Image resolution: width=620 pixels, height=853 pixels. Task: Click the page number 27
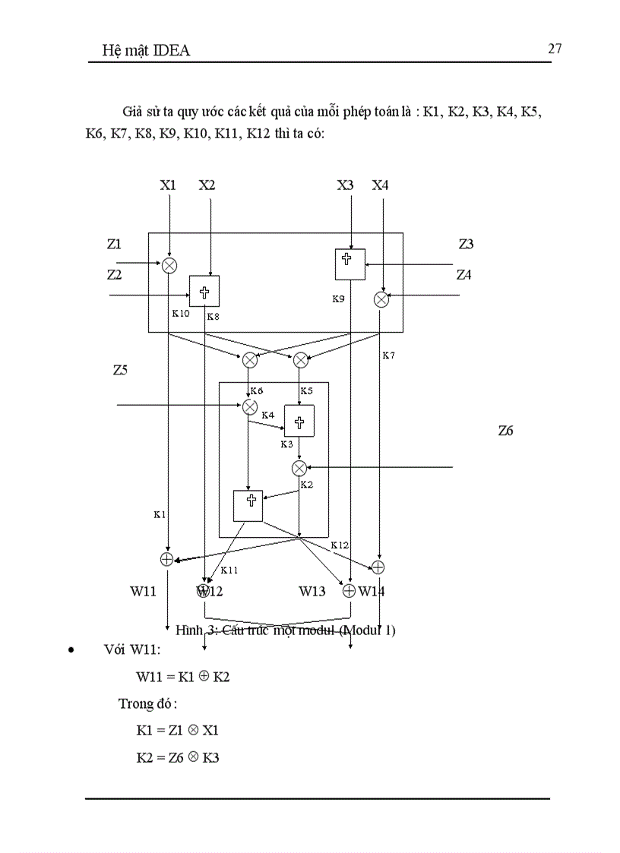554,49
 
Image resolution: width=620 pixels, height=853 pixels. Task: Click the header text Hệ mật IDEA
146,51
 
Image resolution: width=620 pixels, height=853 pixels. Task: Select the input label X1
168,185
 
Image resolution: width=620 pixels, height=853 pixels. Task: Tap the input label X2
207,185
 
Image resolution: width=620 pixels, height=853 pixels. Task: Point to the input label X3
346,185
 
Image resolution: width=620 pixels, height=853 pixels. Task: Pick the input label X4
381,185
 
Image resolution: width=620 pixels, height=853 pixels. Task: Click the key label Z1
114,244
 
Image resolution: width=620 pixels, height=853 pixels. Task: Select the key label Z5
120,371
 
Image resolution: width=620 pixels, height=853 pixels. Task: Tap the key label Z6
506,431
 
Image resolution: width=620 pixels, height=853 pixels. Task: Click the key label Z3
466,244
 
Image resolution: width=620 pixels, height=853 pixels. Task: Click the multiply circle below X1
169,264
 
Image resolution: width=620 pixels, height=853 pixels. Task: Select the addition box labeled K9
350,264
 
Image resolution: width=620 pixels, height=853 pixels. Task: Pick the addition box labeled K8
204,291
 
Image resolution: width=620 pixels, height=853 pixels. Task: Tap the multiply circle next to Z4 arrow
381,299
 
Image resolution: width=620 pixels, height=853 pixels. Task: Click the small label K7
388,355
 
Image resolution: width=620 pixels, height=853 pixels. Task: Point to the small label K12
339,545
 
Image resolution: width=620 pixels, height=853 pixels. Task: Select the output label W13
312,591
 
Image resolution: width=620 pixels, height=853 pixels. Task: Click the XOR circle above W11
167,559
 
